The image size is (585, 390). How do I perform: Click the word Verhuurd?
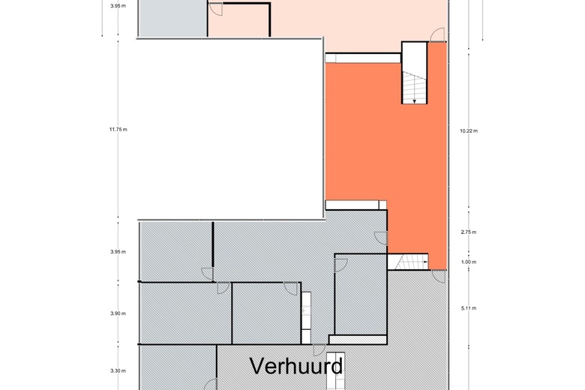(296, 366)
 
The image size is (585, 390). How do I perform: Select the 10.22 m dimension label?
(469, 130)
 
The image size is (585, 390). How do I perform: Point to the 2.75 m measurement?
(469, 232)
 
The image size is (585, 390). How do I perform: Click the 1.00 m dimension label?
(469, 262)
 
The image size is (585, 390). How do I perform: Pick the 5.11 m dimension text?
(469, 307)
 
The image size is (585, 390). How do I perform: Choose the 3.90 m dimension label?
(118, 313)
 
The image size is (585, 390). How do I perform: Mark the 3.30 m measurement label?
(118, 370)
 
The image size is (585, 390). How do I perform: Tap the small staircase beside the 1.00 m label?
(407, 262)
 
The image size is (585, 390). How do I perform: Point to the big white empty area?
(225, 127)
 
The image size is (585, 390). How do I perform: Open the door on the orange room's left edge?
(380, 238)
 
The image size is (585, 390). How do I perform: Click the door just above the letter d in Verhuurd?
(319, 349)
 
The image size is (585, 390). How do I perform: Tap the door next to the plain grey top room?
(214, 10)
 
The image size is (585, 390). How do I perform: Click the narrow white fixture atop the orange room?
(363, 57)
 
